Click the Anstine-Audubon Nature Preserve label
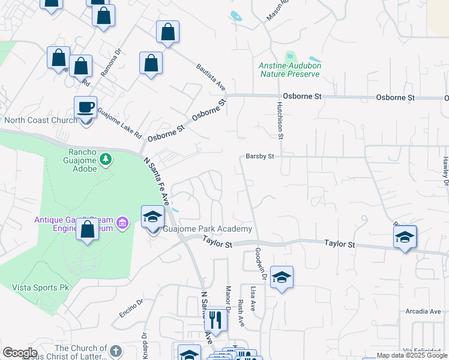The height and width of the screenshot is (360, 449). pos(289,70)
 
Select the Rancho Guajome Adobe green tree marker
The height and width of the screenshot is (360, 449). pos(106,159)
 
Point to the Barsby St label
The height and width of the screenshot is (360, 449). pos(260,156)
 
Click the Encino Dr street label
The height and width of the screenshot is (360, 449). pos(131,308)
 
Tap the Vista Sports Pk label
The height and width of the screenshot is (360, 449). pos(41,287)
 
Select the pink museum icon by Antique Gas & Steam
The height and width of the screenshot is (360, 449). pos(123,224)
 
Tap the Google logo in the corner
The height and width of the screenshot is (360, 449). pos(20,353)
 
